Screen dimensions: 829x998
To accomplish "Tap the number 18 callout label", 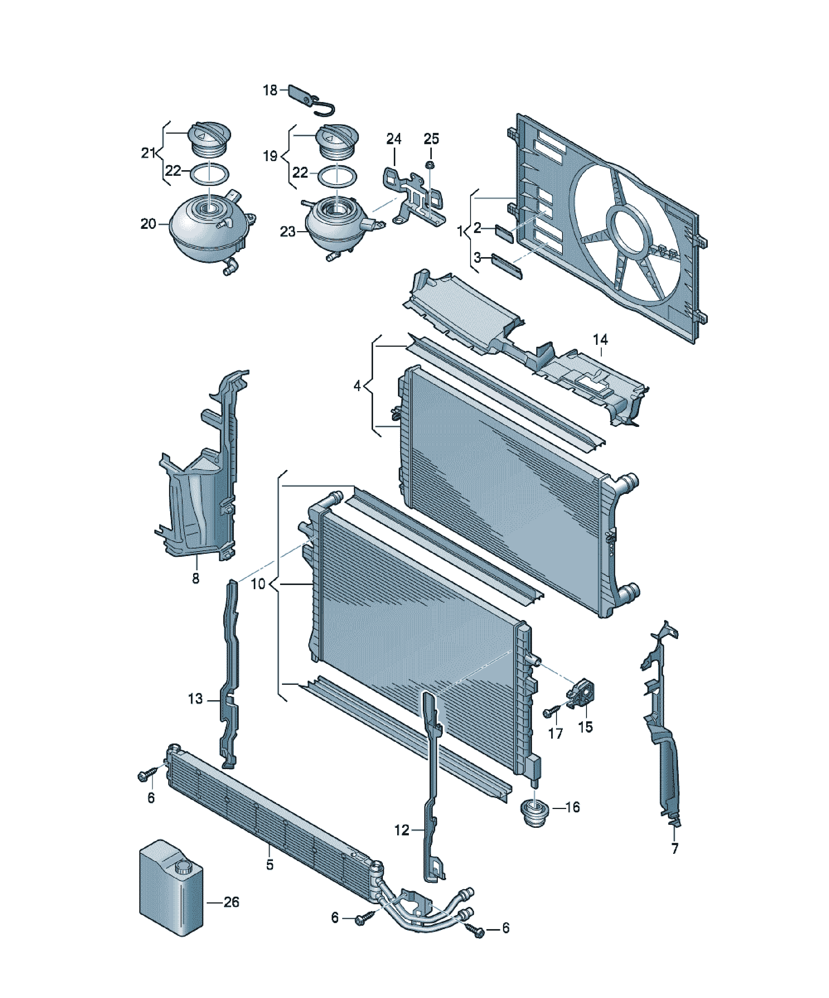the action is (x=270, y=90).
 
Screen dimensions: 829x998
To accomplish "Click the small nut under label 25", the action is (x=430, y=165).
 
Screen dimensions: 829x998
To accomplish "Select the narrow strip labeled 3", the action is (x=507, y=266).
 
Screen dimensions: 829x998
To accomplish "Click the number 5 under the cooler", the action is (x=270, y=864).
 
